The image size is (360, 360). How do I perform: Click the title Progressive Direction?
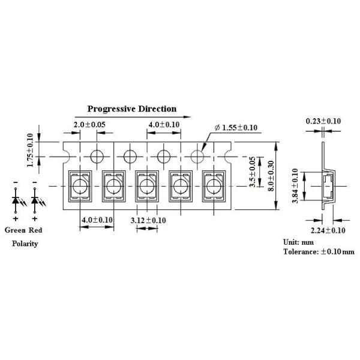coord(132,109)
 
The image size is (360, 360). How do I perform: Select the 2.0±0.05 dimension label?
coord(89,125)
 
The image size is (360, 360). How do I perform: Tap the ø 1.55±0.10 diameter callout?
coord(236,128)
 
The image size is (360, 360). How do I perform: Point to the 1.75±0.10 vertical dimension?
coord(30,151)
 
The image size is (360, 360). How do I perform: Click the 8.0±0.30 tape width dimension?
coord(271,176)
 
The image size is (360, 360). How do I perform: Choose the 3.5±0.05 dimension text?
coord(253,172)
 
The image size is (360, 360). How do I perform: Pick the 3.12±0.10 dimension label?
coord(148,220)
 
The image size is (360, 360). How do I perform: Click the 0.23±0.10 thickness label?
coord(323,121)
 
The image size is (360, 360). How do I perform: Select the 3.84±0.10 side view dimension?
coord(295,186)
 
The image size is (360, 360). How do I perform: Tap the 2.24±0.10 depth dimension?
coord(328,230)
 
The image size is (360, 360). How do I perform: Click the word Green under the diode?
coord(15,230)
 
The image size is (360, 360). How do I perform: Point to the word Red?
coord(35,230)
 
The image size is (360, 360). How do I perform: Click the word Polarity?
coord(25,244)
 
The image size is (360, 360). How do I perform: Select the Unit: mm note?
coord(298,242)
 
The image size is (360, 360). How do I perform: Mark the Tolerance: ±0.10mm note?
coord(319,252)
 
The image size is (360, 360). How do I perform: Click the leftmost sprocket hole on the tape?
coord(97,157)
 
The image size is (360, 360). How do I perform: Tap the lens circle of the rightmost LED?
coord(214,186)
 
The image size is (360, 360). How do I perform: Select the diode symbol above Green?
coord(16,200)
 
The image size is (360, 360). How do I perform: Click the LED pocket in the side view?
coord(328,186)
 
